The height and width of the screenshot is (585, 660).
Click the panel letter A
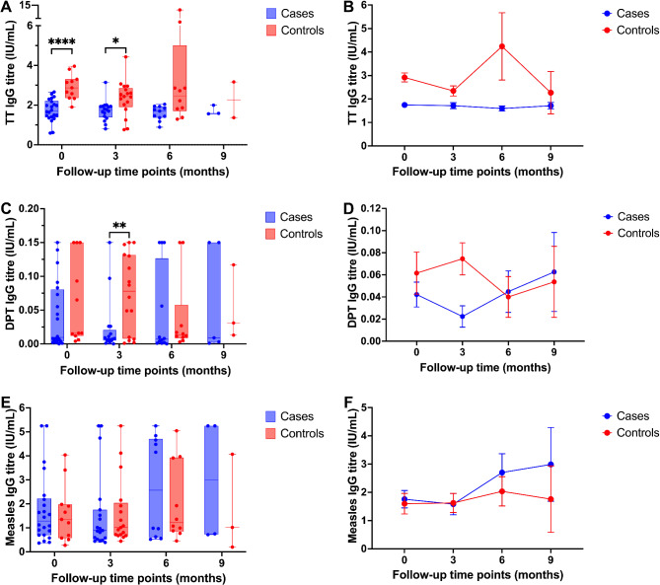(x=9, y=8)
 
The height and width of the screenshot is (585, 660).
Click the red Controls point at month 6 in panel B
(x=501, y=46)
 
